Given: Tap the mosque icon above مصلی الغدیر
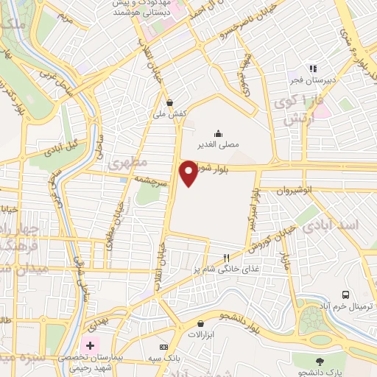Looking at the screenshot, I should (218, 133).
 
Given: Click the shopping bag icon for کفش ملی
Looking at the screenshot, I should (171, 103).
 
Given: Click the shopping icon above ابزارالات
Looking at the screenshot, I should (200, 323).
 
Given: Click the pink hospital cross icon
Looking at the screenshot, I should (91, 345).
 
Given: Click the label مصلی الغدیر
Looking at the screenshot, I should (218, 144).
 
